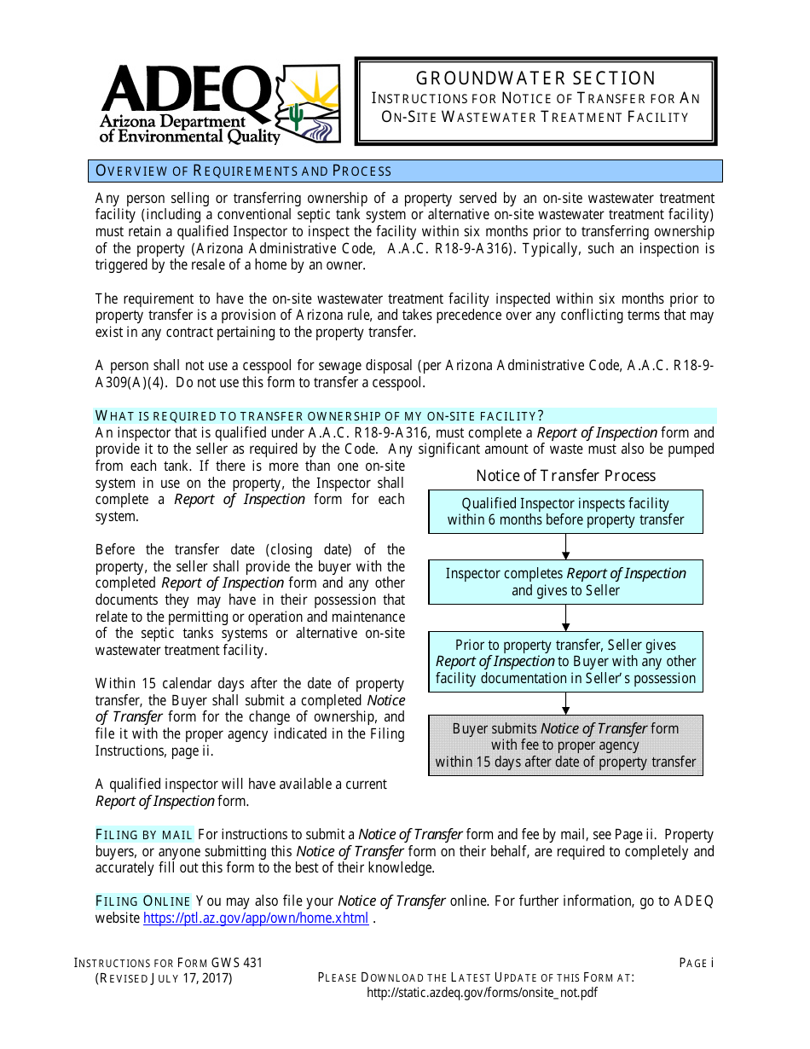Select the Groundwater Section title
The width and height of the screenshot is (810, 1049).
tap(535, 78)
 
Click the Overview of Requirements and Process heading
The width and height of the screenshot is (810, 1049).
tap(244, 171)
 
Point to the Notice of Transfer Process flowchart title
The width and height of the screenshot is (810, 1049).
tap(565, 475)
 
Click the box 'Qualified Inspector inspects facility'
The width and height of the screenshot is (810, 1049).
tap(565, 512)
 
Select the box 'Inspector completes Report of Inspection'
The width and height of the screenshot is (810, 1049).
tap(565, 582)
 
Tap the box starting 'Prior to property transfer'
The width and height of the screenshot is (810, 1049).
tap(565, 661)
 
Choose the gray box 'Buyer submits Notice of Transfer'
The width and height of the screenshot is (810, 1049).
tap(565, 745)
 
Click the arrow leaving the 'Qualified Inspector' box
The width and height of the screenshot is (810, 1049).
tap(566, 547)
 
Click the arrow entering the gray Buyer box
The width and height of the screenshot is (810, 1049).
tap(566, 704)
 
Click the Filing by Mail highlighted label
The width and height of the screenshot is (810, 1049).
tap(144, 834)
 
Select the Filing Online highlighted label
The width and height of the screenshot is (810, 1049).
tap(142, 901)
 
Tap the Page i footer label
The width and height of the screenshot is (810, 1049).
tap(696, 963)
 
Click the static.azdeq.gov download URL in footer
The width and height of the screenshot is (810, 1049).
tap(482, 993)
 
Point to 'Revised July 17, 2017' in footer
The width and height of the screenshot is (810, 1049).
tap(164, 978)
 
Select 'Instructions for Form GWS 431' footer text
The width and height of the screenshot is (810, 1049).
tap(169, 963)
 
